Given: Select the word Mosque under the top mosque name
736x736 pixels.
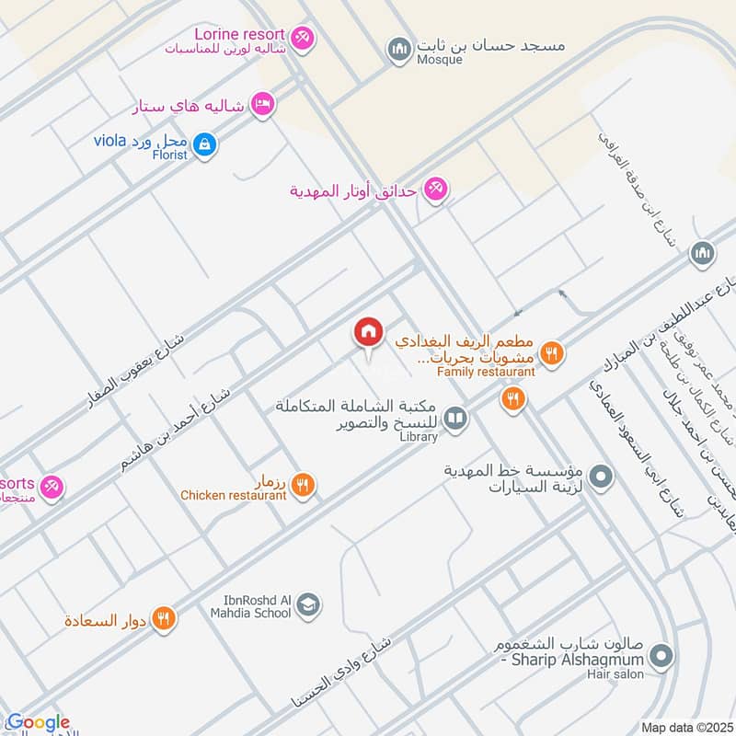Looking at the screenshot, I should point(439,60).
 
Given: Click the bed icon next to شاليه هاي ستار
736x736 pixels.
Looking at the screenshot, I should point(263,105).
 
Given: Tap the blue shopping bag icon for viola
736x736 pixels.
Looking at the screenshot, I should point(206,143).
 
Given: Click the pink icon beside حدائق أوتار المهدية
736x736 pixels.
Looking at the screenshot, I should point(437,189).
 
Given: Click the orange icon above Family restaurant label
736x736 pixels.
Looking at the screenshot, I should point(551,352).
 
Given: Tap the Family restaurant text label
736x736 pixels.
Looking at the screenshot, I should point(486,372).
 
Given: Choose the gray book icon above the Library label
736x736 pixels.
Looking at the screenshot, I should point(454,420).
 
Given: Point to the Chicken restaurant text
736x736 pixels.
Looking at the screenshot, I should point(233,496).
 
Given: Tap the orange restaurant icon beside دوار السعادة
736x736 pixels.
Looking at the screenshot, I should point(164,619).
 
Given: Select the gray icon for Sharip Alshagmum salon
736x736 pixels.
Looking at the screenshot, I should point(660,657).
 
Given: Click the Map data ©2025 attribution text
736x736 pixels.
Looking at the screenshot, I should point(685,728).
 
